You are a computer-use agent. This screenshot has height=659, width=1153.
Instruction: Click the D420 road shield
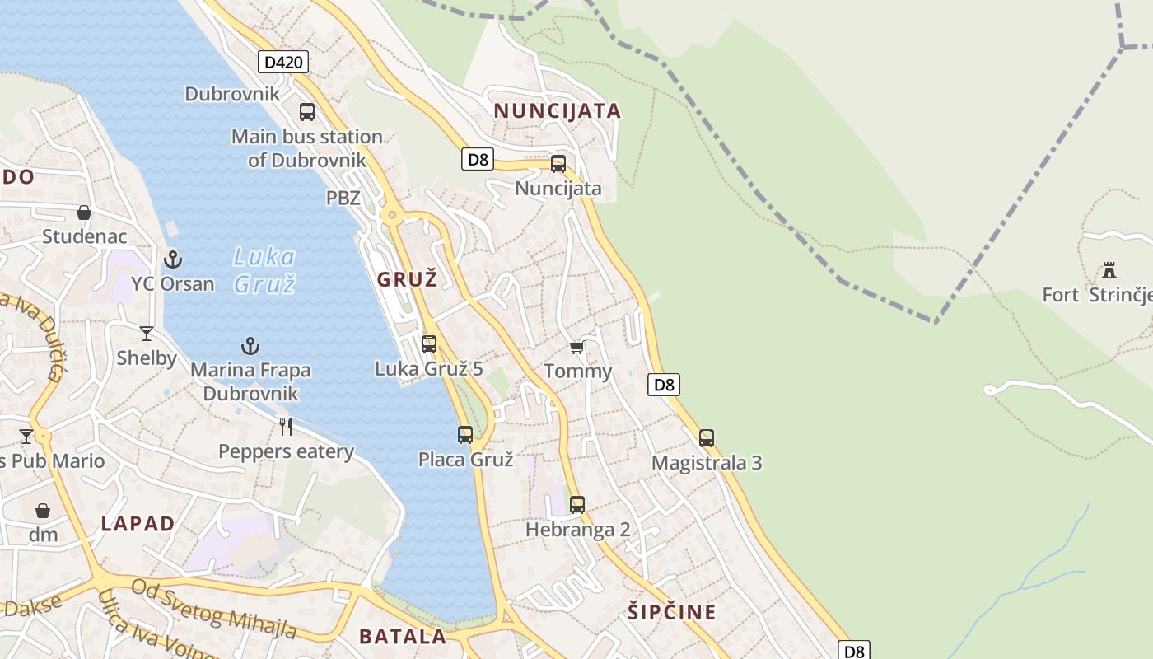click(283, 62)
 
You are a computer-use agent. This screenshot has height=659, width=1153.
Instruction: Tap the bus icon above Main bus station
click(307, 112)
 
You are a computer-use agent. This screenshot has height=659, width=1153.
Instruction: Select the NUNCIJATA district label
click(557, 111)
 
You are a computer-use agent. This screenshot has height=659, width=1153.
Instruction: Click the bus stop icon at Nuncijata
click(558, 164)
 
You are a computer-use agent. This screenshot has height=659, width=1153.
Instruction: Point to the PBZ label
click(343, 198)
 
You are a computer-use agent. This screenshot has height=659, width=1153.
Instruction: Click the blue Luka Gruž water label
click(264, 270)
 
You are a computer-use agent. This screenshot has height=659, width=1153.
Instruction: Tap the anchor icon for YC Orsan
click(172, 259)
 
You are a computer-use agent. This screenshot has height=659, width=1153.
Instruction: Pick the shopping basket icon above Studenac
click(84, 213)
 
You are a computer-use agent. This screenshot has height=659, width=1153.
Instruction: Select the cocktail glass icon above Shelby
click(147, 334)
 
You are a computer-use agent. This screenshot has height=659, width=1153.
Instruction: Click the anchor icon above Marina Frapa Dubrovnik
click(250, 346)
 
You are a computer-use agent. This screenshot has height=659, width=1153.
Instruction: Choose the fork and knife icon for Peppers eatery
click(286, 427)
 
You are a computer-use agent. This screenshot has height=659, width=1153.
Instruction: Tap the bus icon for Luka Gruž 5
click(429, 344)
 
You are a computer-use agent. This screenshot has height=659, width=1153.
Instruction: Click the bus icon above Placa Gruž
click(465, 435)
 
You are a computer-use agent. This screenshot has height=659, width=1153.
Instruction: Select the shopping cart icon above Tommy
click(577, 347)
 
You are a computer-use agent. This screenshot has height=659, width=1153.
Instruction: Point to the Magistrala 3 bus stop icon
click(707, 438)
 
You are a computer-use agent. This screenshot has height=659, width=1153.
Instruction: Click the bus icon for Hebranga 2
click(577, 505)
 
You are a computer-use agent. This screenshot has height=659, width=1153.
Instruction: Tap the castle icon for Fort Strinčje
click(1109, 270)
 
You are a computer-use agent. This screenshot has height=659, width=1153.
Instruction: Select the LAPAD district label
click(138, 524)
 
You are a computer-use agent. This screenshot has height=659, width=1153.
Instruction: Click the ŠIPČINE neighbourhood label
click(672, 612)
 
